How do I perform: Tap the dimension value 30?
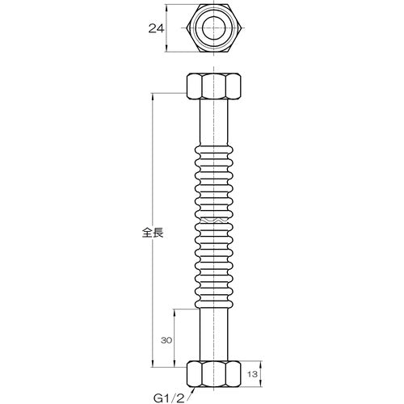[x=166, y=341]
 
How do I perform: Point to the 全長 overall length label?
[x=153, y=233]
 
